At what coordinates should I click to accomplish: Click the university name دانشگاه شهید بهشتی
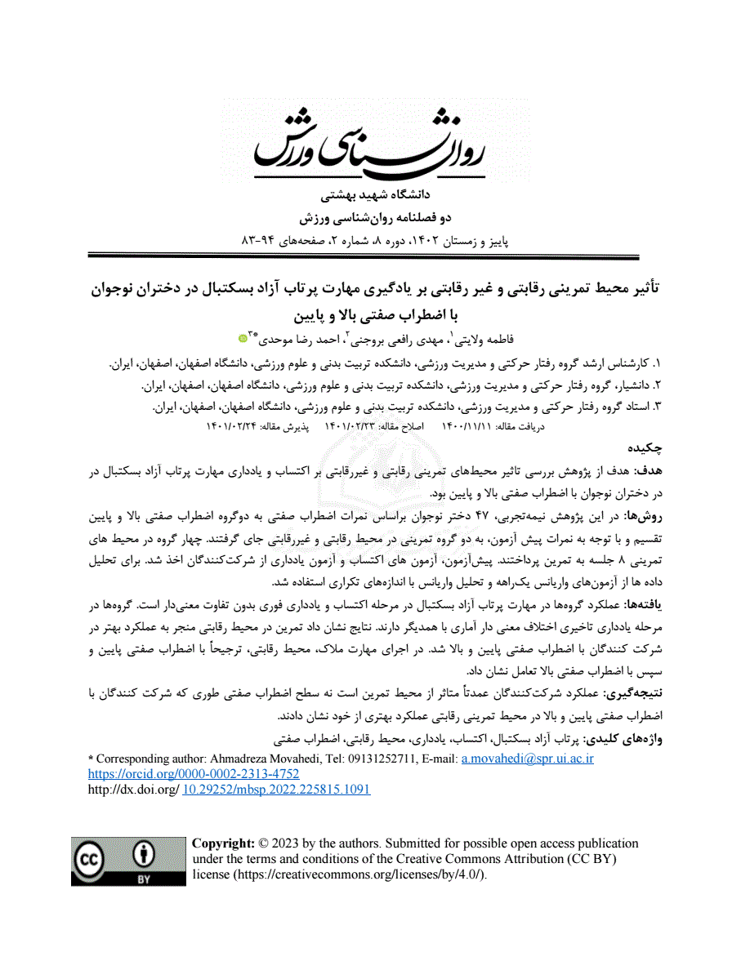coord(376,197)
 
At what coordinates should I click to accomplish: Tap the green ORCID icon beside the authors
coord(243,338)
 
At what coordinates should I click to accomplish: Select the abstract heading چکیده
coord(645,449)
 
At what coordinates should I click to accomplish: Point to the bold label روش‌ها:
coord(642,517)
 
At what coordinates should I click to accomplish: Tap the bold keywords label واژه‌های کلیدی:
coord(624,739)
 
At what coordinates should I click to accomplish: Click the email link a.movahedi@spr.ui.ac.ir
coord(527,759)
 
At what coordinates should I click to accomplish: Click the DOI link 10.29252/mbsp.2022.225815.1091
coord(276,790)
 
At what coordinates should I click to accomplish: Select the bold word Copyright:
coord(223,843)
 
